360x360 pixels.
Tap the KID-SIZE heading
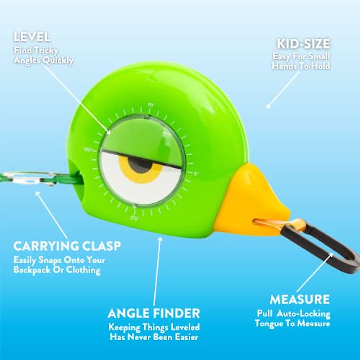pos(303,44)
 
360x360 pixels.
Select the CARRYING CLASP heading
pos(67,246)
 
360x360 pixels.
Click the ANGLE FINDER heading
pos(154,313)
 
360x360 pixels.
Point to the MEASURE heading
pos(300,299)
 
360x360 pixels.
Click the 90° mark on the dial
pos(151,105)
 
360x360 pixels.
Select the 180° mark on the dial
pos(87,149)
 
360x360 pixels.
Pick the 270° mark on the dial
pos(134,218)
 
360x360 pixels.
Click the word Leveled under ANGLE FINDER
pos(185,327)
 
